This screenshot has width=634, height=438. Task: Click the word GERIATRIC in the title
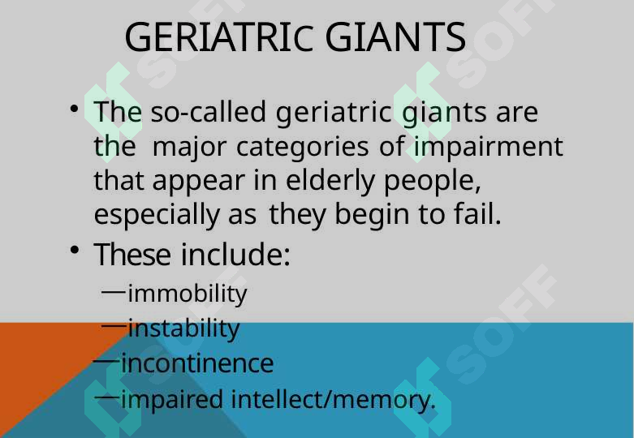pyautogui.click(x=219, y=36)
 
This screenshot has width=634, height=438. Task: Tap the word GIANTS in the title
pyautogui.click(x=395, y=36)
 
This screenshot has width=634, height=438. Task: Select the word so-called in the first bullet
pyautogui.click(x=209, y=111)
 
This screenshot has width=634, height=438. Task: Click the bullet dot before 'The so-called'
pyautogui.click(x=74, y=109)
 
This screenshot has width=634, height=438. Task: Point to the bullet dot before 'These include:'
pyautogui.click(x=74, y=250)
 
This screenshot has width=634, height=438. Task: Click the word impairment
pyautogui.click(x=488, y=146)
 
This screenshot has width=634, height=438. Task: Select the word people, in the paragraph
pyautogui.click(x=432, y=182)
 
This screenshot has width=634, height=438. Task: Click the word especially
pyautogui.click(x=157, y=216)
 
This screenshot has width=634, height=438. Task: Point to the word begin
pyautogui.click(x=372, y=216)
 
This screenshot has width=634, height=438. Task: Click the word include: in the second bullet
pyautogui.click(x=235, y=255)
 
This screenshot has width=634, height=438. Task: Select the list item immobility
pyautogui.click(x=188, y=294)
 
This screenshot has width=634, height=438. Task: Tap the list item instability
pyautogui.click(x=184, y=328)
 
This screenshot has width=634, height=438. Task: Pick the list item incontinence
pyautogui.click(x=197, y=363)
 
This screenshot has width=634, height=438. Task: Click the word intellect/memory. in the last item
pyautogui.click(x=334, y=399)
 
